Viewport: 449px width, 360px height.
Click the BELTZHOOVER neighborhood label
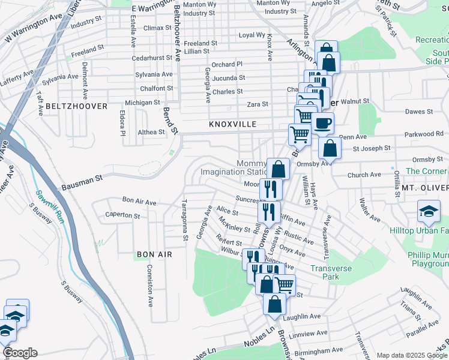pyautogui.click(x=76, y=106)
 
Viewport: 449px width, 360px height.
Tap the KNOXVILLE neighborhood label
pyautogui.click(x=232, y=124)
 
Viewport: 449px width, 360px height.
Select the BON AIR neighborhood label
pyautogui.click(x=154, y=254)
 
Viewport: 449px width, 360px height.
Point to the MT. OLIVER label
pyautogui.click(x=425, y=188)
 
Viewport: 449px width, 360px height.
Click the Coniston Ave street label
pyautogui.click(x=148, y=286)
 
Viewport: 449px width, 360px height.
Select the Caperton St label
pyautogui.click(x=122, y=215)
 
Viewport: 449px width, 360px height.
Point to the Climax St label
pyautogui.click(x=158, y=28)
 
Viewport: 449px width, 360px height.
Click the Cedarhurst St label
pyautogui.click(x=152, y=58)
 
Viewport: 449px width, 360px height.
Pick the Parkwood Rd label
pyautogui.click(x=423, y=134)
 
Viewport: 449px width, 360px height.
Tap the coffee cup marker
pyautogui.click(x=322, y=124)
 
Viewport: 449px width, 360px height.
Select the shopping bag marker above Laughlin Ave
pyautogui.click(x=274, y=304)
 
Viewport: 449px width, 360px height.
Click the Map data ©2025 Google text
pyautogui.click(x=411, y=355)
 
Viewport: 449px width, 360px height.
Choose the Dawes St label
pyautogui.click(x=419, y=112)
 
